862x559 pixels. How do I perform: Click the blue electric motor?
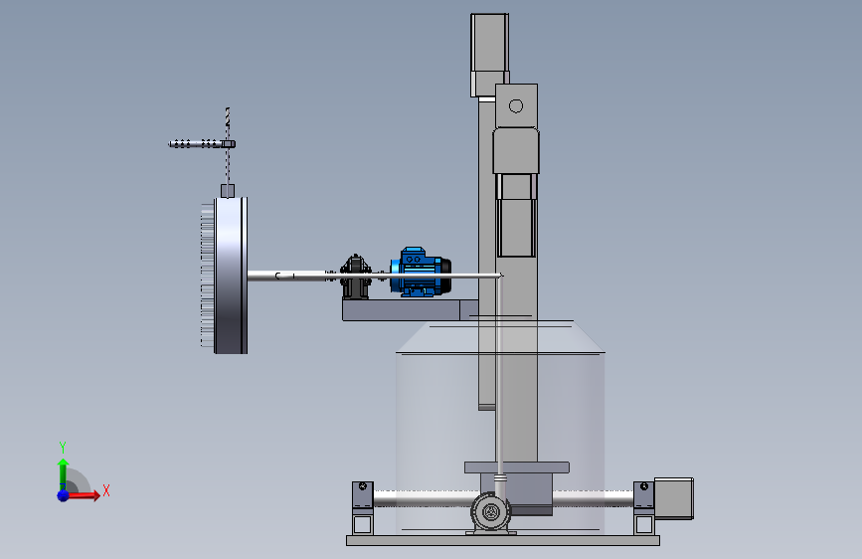click(x=422, y=272)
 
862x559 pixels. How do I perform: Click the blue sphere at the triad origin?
click(x=64, y=495)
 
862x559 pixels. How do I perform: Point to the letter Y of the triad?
click(x=63, y=447)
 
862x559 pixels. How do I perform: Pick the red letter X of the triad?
click(x=106, y=490)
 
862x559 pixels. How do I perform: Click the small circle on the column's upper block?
click(x=516, y=105)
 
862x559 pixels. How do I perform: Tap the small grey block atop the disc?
click(x=228, y=191)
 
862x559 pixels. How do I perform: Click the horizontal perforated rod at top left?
click(x=202, y=144)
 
